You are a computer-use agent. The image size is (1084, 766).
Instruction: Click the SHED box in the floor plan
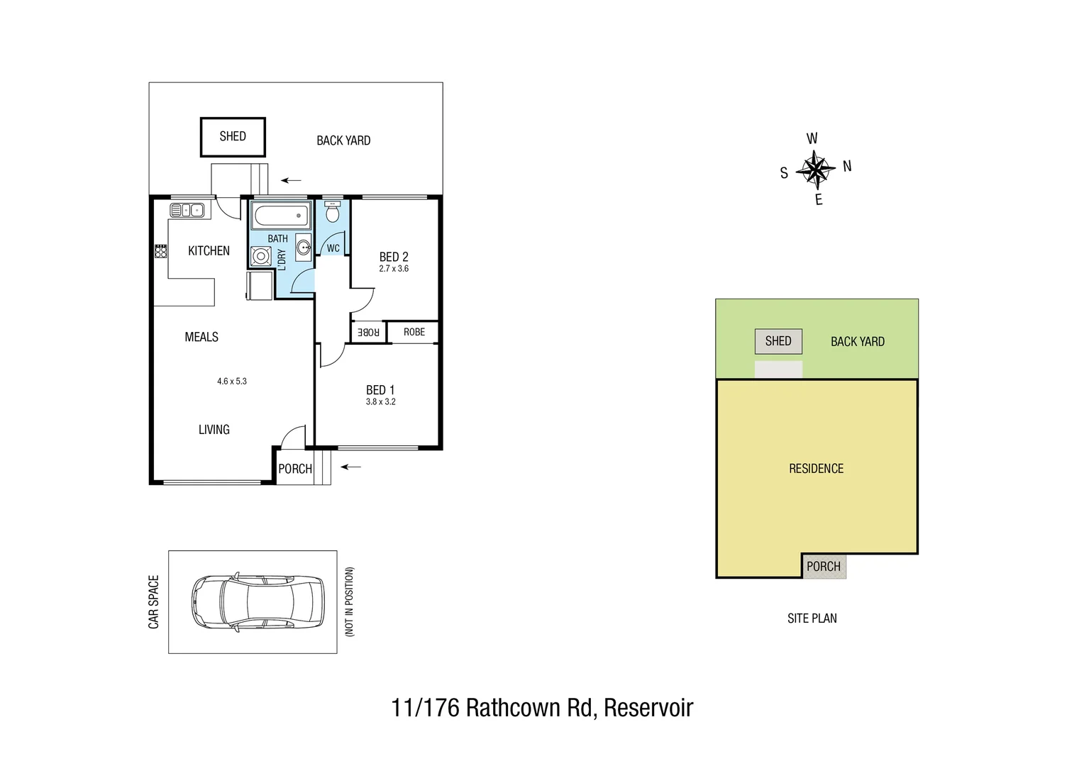(x=233, y=137)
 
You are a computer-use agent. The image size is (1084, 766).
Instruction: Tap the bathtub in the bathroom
(x=280, y=214)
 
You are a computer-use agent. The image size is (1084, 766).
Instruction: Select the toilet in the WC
(x=332, y=212)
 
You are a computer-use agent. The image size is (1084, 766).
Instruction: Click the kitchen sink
(x=187, y=210)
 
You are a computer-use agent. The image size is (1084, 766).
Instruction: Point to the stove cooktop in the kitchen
(x=161, y=250)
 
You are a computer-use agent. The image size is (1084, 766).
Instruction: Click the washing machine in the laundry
(x=260, y=256)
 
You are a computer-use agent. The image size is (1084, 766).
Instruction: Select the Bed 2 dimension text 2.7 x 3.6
(x=394, y=269)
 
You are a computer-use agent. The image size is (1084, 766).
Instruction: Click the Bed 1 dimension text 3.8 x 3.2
(x=381, y=401)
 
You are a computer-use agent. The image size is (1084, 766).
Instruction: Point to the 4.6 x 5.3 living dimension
(x=232, y=381)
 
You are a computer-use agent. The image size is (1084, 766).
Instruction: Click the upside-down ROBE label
(x=368, y=332)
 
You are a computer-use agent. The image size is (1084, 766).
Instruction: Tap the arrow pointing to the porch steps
(x=351, y=467)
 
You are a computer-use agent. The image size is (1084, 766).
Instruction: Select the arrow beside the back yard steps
(x=291, y=180)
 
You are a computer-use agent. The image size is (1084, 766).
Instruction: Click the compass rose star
(x=815, y=169)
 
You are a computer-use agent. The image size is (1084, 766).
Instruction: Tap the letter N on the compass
(x=846, y=167)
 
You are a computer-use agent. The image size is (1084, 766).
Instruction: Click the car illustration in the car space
(x=257, y=601)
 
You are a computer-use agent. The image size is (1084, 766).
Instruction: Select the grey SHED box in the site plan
(x=778, y=341)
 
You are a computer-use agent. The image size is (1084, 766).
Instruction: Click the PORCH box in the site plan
(x=824, y=566)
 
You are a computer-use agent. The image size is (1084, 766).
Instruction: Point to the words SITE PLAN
(x=812, y=618)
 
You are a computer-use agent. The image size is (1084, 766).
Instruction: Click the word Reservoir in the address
(x=648, y=708)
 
